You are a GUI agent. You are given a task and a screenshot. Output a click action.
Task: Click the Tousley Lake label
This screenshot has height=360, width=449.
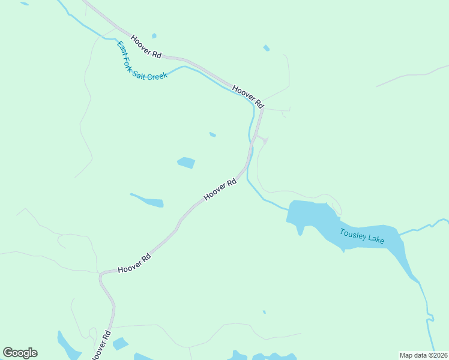click(x=362, y=236)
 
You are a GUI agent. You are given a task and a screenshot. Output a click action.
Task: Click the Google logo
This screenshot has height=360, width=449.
click(x=20, y=352)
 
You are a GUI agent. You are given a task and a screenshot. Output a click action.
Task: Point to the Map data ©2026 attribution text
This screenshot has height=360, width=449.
click(x=424, y=355)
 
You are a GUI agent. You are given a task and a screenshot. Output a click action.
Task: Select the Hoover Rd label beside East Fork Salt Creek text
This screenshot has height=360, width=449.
click(x=146, y=46)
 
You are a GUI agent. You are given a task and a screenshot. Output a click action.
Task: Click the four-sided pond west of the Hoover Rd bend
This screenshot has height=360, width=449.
click(x=186, y=163)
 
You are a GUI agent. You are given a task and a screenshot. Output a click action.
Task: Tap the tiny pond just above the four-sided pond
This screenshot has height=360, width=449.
click(x=212, y=134)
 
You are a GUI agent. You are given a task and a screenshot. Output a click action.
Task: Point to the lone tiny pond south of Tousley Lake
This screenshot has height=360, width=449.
click(x=264, y=312)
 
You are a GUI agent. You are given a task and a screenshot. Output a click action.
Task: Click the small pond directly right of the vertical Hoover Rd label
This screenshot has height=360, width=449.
click(x=120, y=344)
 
